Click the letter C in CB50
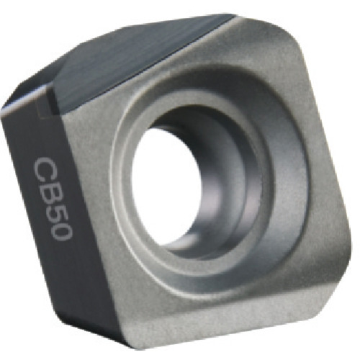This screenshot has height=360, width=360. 42,171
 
